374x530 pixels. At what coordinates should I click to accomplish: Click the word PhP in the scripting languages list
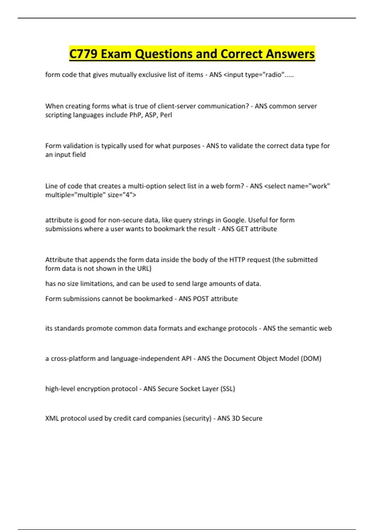pos(135,115)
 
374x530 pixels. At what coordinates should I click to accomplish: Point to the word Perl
pos(166,115)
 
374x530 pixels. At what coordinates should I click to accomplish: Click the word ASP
pos(151,115)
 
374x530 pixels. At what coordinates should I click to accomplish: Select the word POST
pos(201,299)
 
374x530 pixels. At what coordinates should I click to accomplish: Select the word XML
pos(52,418)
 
